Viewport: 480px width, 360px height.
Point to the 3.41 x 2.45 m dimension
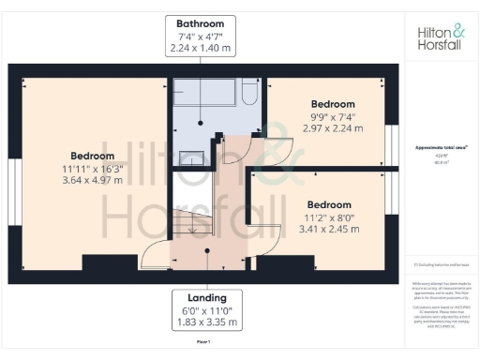[x=329, y=228]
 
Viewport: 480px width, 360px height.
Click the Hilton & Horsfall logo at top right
[x=440, y=37]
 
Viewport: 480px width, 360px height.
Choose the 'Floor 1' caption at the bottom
[x=203, y=344]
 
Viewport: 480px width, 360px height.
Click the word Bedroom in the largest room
[x=92, y=156]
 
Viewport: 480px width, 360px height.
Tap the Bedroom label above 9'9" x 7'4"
[x=333, y=103]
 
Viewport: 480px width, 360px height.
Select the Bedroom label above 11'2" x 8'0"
[x=329, y=204]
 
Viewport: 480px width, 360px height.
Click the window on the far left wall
[x=15, y=178]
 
